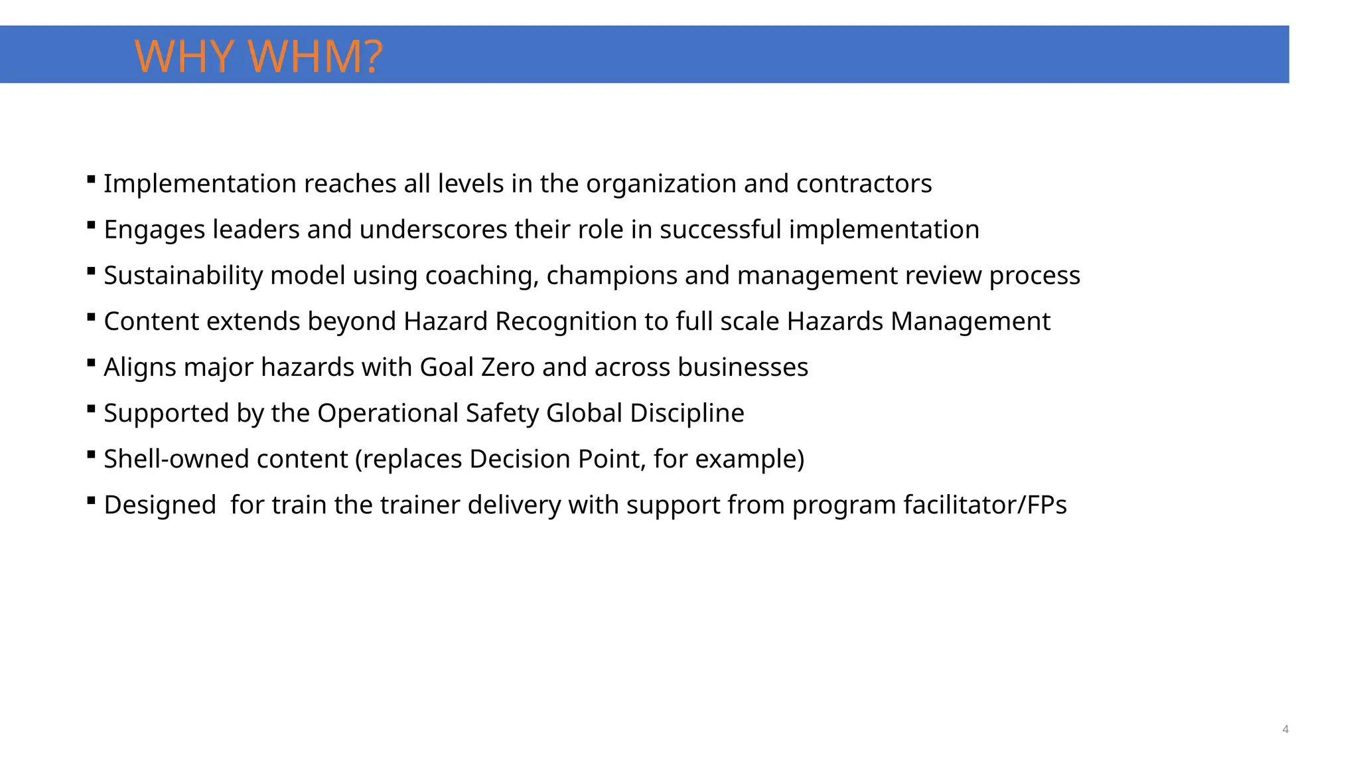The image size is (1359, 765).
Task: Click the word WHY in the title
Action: click(x=184, y=56)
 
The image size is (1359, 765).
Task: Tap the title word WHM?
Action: click(x=317, y=56)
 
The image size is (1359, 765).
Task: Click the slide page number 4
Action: click(x=1285, y=729)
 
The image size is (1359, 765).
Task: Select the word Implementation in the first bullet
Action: click(x=200, y=184)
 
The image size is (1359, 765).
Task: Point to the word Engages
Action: click(x=155, y=230)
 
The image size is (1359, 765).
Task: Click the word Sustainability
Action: click(x=183, y=276)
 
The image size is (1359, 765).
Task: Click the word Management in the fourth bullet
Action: click(x=970, y=321)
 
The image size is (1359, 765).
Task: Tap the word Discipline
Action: click(x=687, y=413)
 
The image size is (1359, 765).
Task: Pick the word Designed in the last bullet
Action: click(x=160, y=505)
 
